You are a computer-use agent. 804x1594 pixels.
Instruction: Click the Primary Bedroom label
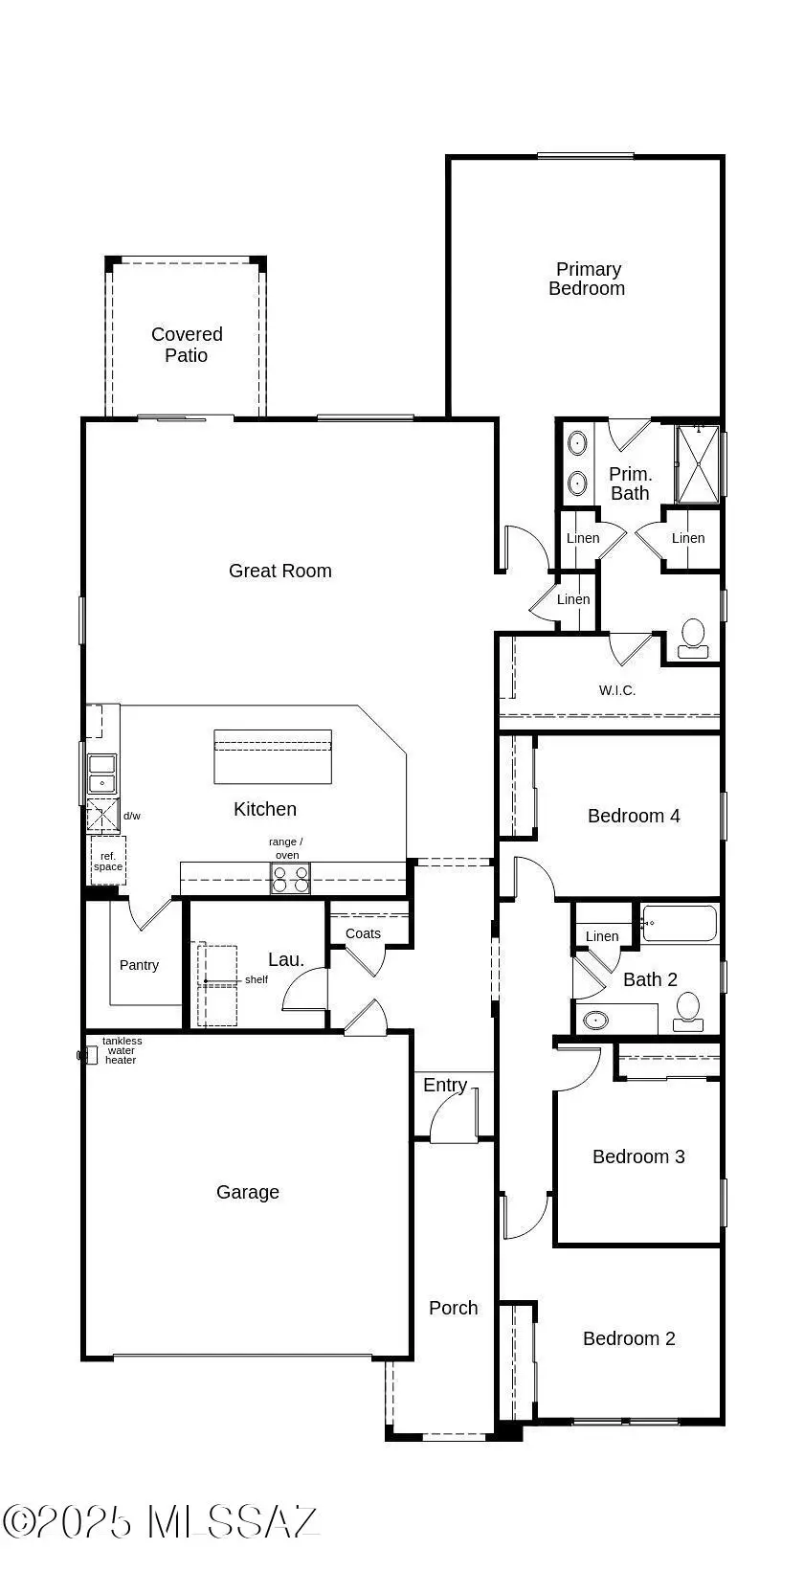click(587, 279)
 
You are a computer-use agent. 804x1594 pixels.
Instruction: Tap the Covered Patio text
click(187, 345)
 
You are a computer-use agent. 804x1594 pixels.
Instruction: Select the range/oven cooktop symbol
click(290, 878)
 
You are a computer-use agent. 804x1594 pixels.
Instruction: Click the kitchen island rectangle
click(273, 756)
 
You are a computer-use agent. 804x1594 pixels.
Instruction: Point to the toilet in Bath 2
click(687, 1011)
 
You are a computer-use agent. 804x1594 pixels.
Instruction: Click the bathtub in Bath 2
click(680, 924)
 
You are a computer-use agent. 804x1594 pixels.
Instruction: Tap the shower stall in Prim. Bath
click(698, 464)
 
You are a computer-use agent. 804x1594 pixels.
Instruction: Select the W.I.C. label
click(617, 690)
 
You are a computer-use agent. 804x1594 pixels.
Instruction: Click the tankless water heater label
click(122, 1050)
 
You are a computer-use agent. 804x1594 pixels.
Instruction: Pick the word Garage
click(248, 1192)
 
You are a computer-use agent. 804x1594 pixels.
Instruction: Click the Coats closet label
click(363, 933)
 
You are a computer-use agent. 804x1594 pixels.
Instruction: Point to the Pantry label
click(139, 965)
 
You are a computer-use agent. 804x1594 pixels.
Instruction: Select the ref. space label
click(108, 861)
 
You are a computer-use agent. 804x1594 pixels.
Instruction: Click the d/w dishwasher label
click(132, 816)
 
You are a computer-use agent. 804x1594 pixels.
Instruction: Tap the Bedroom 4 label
click(634, 816)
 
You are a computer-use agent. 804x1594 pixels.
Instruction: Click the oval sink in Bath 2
click(595, 1020)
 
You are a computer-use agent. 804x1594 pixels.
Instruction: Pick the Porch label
click(454, 1308)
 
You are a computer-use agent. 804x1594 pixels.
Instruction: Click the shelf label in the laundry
click(257, 979)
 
